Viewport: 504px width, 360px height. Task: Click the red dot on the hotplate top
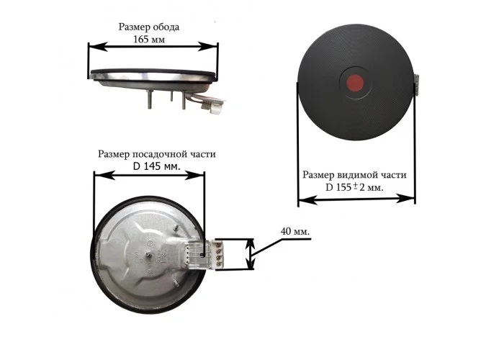tap(355, 83)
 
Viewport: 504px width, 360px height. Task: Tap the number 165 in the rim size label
tap(141, 40)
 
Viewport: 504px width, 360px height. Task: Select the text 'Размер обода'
tap(149, 27)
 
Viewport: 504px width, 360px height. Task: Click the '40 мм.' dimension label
tap(295, 231)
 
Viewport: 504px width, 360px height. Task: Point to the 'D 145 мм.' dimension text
tap(156, 166)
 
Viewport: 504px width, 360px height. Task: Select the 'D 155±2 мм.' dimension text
tap(354, 187)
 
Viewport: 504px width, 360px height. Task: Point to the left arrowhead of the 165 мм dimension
tap(97, 47)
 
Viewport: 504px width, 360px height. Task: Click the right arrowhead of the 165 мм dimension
tap(208, 47)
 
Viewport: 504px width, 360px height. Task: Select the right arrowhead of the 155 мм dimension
tap(405, 198)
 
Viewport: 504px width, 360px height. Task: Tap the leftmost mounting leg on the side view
tap(150, 99)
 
